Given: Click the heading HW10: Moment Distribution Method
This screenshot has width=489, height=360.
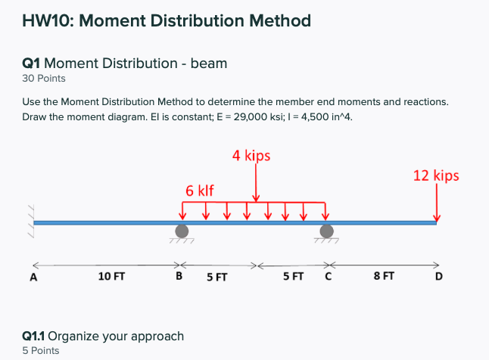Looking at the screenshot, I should (x=167, y=20).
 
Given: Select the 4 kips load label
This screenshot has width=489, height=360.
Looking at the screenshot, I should (x=251, y=157).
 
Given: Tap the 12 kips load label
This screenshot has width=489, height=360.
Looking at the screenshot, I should (x=435, y=175).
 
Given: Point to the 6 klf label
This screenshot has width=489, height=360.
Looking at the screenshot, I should (x=199, y=190).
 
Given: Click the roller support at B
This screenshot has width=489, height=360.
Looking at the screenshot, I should (x=182, y=231).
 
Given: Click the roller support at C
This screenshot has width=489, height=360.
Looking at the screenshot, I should (x=326, y=231).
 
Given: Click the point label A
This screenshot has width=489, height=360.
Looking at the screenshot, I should (x=33, y=277).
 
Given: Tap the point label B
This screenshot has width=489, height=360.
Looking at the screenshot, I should (x=179, y=277).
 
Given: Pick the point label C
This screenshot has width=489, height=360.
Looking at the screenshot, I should (x=328, y=277).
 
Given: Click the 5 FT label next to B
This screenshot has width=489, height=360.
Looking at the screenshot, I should (x=217, y=278).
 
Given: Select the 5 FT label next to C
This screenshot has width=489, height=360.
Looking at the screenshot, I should (x=294, y=277).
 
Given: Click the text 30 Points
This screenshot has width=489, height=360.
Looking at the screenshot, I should (x=44, y=78).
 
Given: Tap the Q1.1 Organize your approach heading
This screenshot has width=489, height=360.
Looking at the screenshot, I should (x=103, y=336).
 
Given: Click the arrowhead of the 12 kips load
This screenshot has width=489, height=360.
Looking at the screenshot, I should (x=436, y=219).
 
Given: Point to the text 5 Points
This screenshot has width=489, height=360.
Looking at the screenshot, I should (x=41, y=350).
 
